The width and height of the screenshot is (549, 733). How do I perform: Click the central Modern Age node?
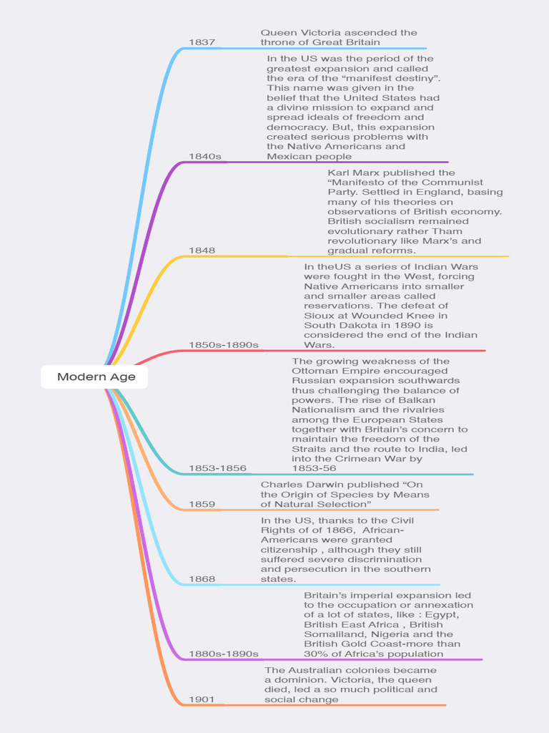coord(96,377)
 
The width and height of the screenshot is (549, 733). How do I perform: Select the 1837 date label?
coord(202,42)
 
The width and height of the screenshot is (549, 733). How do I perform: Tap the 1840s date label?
coord(204,156)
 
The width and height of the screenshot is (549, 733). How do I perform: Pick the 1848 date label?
coord(202,250)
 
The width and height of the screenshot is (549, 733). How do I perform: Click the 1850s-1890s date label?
coord(223,344)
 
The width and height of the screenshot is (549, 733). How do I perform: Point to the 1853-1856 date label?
coord(217,468)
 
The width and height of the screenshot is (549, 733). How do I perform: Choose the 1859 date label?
coord(202,504)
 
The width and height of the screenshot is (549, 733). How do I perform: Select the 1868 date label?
coord(202,578)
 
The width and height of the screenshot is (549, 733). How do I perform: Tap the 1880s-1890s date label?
coord(223,654)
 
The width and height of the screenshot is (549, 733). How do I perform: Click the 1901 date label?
coord(202,699)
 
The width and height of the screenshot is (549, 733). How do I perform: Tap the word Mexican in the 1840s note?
coord(289,156)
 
